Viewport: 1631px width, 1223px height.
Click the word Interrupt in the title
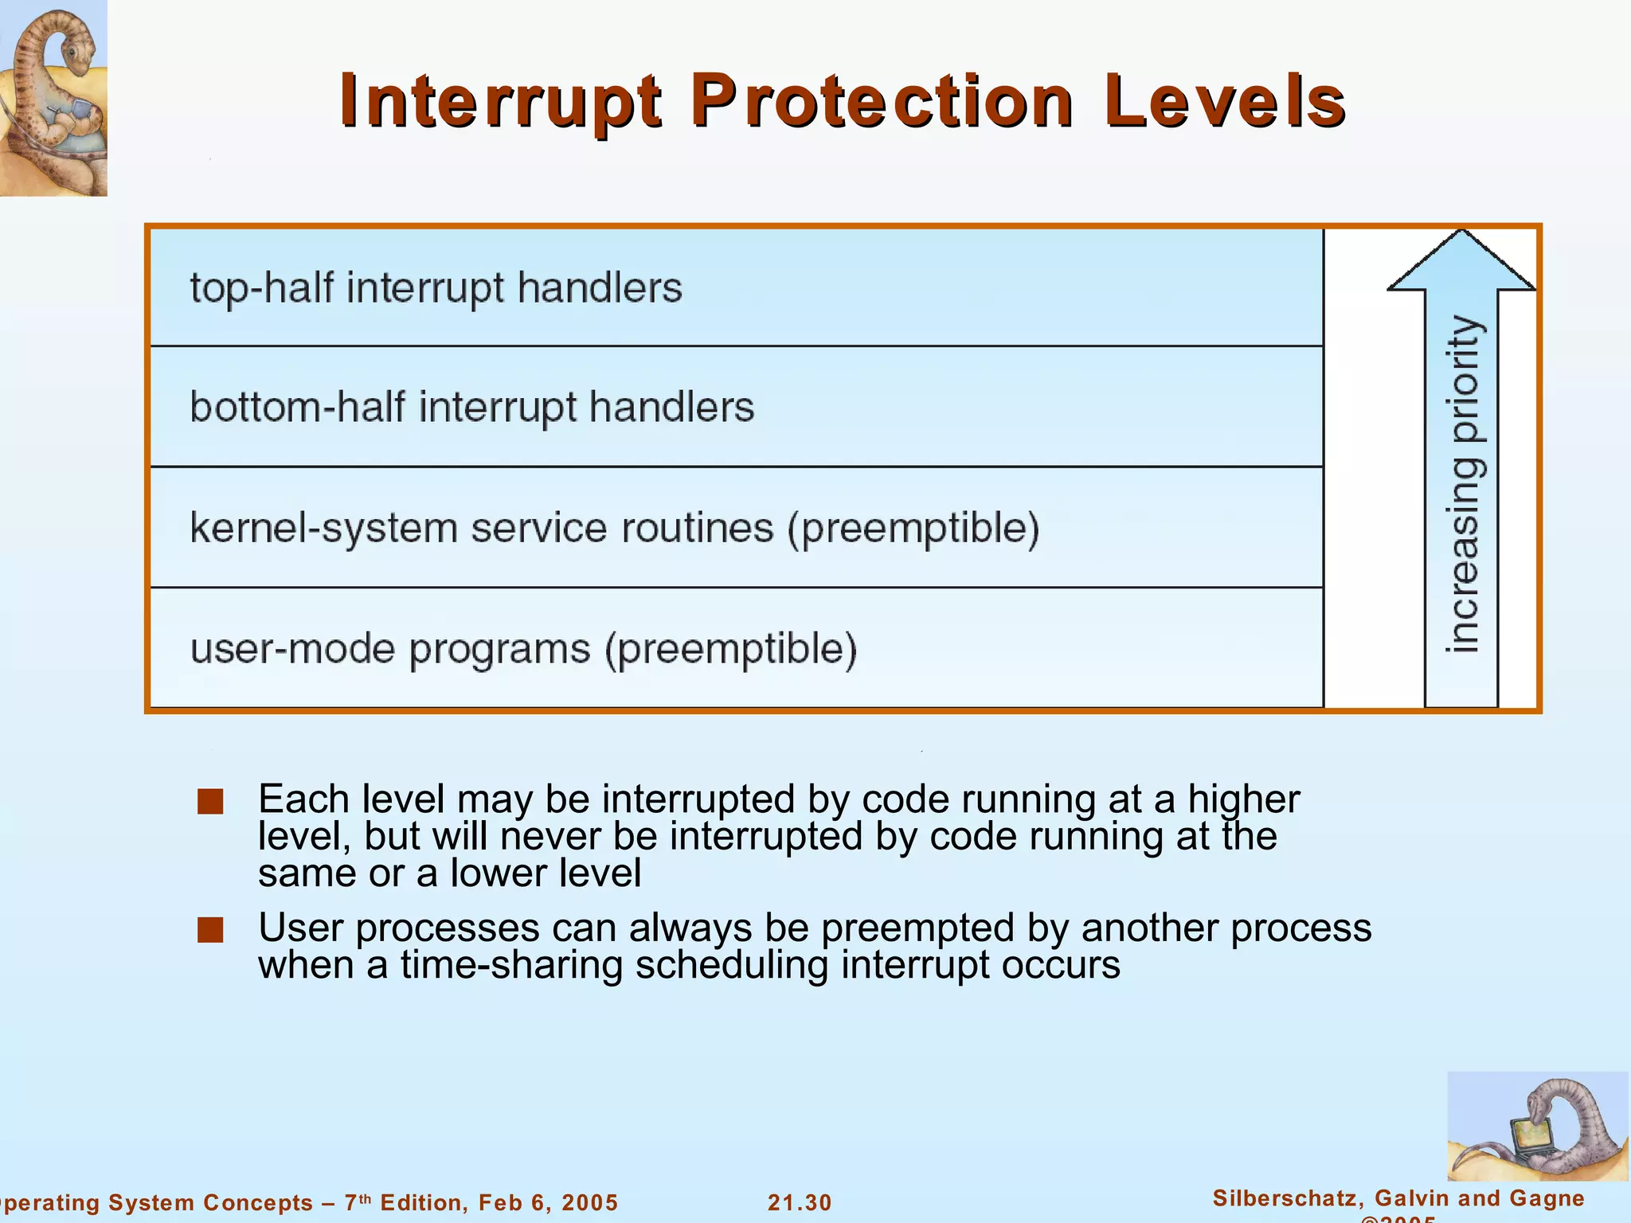click(x=500, y=102)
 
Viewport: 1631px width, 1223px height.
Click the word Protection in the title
click(x=882, y=102)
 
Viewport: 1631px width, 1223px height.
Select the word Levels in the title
click(x=1224, y=102)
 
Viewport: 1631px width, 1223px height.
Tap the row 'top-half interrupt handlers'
click(x=436, y=287)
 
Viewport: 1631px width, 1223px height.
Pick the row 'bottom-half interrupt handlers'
click(x=471, y=408)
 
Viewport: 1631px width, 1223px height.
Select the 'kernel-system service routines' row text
click(x=482, y=528)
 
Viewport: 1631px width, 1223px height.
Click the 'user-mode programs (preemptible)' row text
click(x=523, y=649)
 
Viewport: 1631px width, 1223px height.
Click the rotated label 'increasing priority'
click(x=1464, y=484)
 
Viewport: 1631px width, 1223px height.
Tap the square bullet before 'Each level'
click(x=210, y=801)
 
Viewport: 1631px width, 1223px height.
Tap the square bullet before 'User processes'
click(x=210, y=929)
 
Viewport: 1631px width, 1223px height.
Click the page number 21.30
click(x=800, y=1202)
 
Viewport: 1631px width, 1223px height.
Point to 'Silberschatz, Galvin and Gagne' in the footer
click(x=1398, y=1198)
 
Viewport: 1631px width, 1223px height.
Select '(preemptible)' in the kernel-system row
click(x=913, y=529)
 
